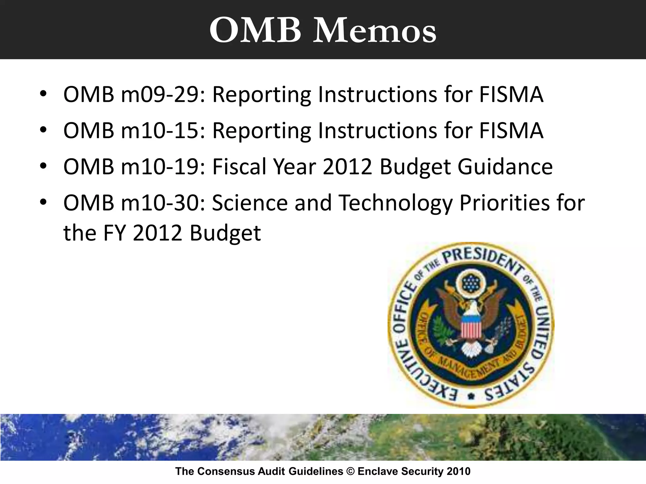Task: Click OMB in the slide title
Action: click(255, 31)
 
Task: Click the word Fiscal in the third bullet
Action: click(239, 166)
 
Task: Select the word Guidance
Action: click(505, 166)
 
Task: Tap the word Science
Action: click(250, 203)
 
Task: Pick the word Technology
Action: click(396, 203)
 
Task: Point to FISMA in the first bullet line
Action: click(511, 95)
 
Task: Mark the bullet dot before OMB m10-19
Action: click(43, 166)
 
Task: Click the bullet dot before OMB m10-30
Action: click(43, 202)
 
